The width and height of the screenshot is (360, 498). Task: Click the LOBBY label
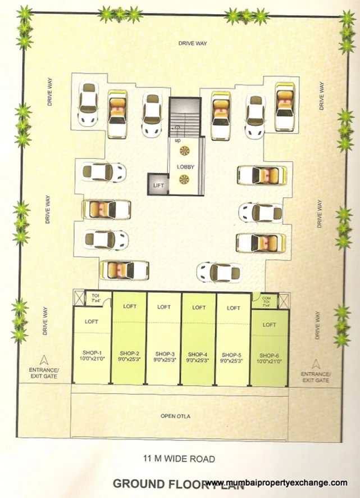[x=185, y=167]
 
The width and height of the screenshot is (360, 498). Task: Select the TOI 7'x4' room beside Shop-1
[x=92, y=299]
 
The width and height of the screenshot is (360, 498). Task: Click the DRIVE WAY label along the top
[x=193, y=43]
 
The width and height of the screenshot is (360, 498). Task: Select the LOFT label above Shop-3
[x=164, y=307]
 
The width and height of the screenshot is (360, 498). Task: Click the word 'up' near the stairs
[x=177, y=141]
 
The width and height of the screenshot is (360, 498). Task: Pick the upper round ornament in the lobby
[x=185, y=151]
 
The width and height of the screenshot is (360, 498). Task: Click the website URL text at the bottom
[x=275, y=483]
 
